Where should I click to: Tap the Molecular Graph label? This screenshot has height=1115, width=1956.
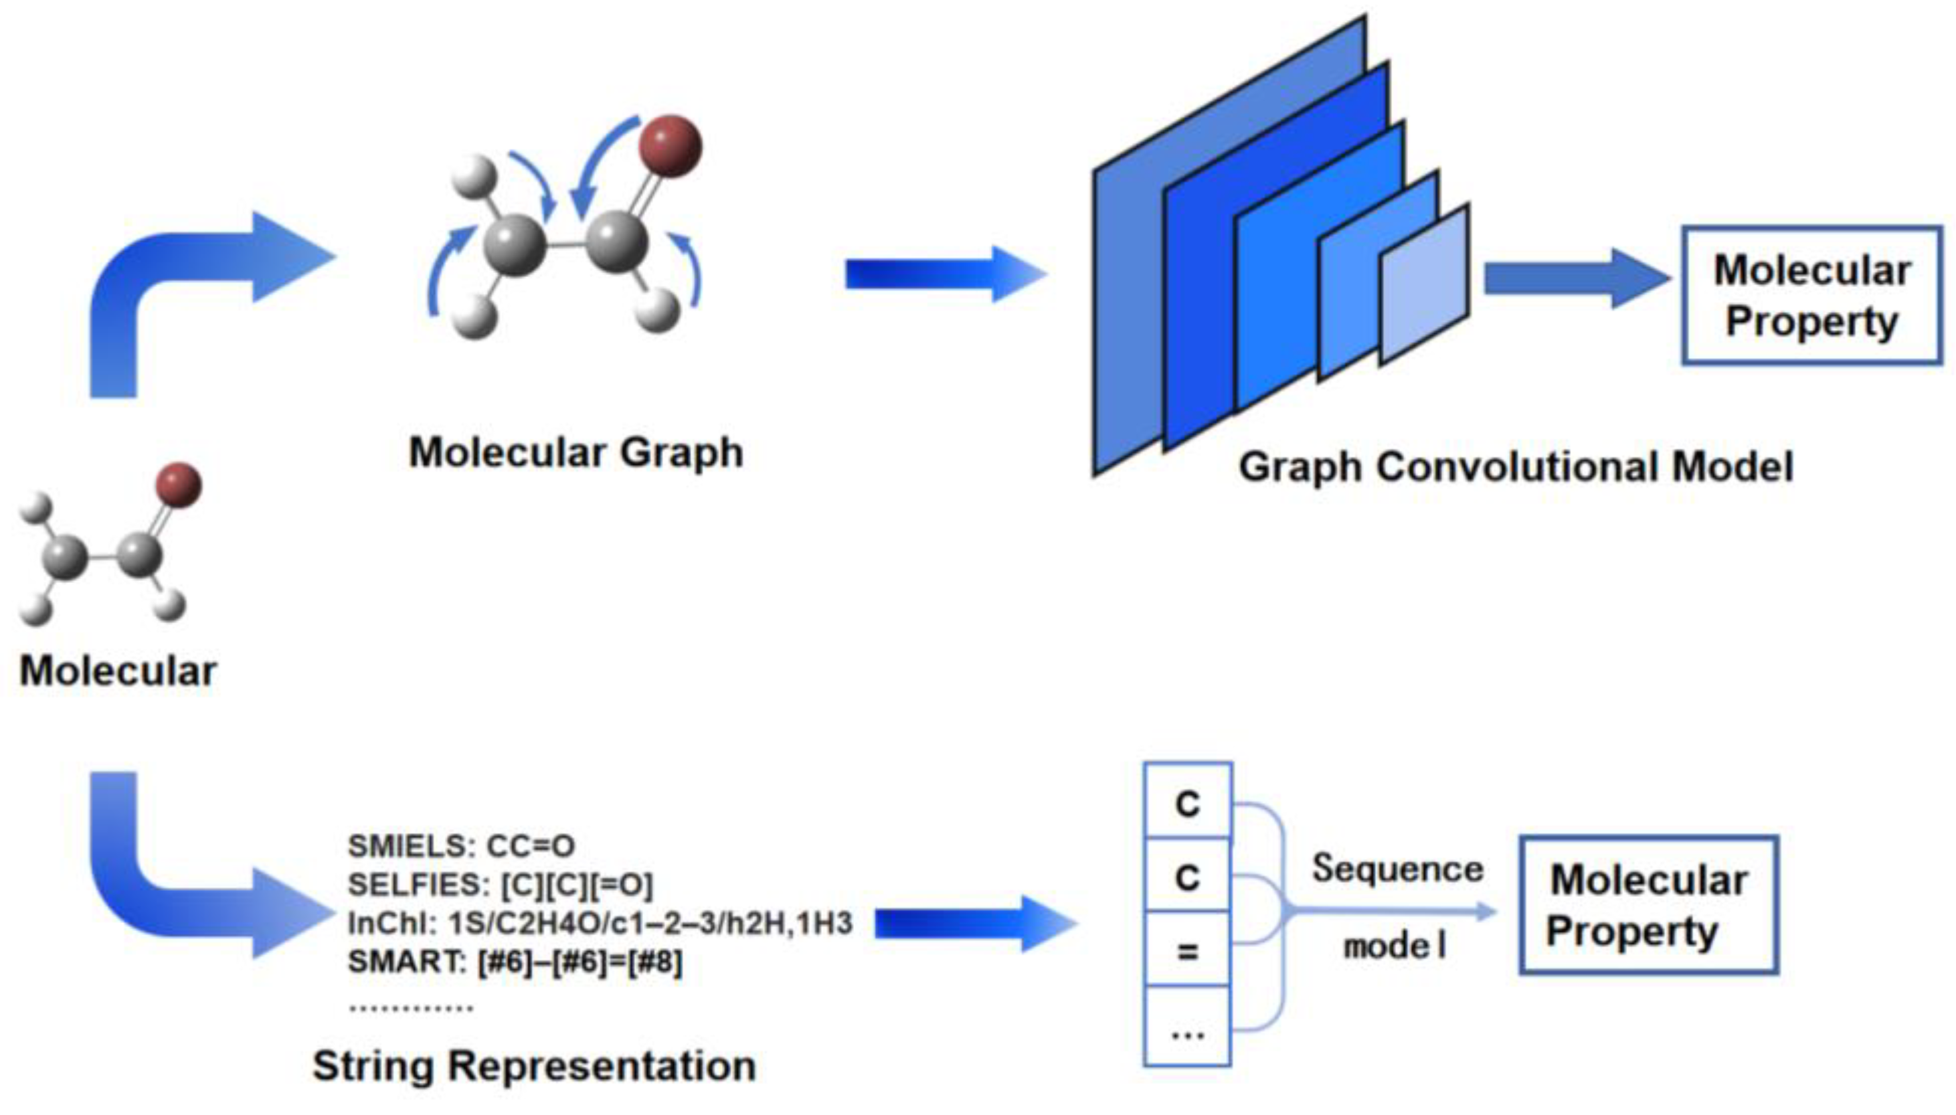point(575,452)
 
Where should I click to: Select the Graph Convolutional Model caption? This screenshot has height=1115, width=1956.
point(1515,466)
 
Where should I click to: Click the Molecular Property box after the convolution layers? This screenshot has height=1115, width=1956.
point(1811,295)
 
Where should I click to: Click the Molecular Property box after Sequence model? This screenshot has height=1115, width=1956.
point(1648,904)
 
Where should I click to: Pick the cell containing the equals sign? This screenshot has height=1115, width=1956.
point(1186,950)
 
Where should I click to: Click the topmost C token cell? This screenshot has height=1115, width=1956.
point(1186,802)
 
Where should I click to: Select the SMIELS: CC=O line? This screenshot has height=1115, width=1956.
point(461,846)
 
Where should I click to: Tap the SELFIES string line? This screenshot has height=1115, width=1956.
point(500,885)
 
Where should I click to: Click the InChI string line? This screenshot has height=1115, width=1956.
point(600,924)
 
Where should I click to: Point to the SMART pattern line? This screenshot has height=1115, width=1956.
point(515,962)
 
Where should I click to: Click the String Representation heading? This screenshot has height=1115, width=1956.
point(533,1066)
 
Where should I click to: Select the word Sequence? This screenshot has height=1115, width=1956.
point(1397,869)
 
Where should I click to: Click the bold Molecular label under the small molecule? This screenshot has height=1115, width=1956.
point(117,671)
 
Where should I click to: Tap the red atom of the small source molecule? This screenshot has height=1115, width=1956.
point(179,485)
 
